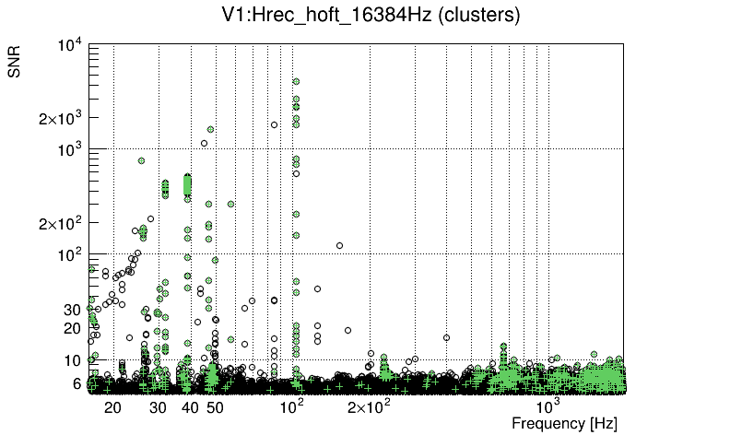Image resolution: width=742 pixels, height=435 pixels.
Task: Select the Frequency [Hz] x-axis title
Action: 564,423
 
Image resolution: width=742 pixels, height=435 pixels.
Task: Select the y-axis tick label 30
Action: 73,310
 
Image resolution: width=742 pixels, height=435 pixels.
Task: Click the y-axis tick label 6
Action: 77,383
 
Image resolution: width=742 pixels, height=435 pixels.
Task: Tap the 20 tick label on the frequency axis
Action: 112,406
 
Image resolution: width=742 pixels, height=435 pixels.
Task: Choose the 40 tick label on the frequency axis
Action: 189,406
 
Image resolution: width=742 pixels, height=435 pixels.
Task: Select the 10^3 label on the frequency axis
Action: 548,406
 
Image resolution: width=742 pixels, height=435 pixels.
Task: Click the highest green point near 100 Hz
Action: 296,81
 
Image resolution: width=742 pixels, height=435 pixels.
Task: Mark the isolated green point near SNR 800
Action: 141,160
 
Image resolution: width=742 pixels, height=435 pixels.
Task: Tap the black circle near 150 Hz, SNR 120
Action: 339,245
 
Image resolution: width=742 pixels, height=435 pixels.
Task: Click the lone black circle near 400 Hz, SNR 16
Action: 446,337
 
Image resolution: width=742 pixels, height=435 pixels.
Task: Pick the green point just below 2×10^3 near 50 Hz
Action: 210,129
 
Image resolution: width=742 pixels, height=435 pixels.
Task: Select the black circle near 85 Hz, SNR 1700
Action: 273,124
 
